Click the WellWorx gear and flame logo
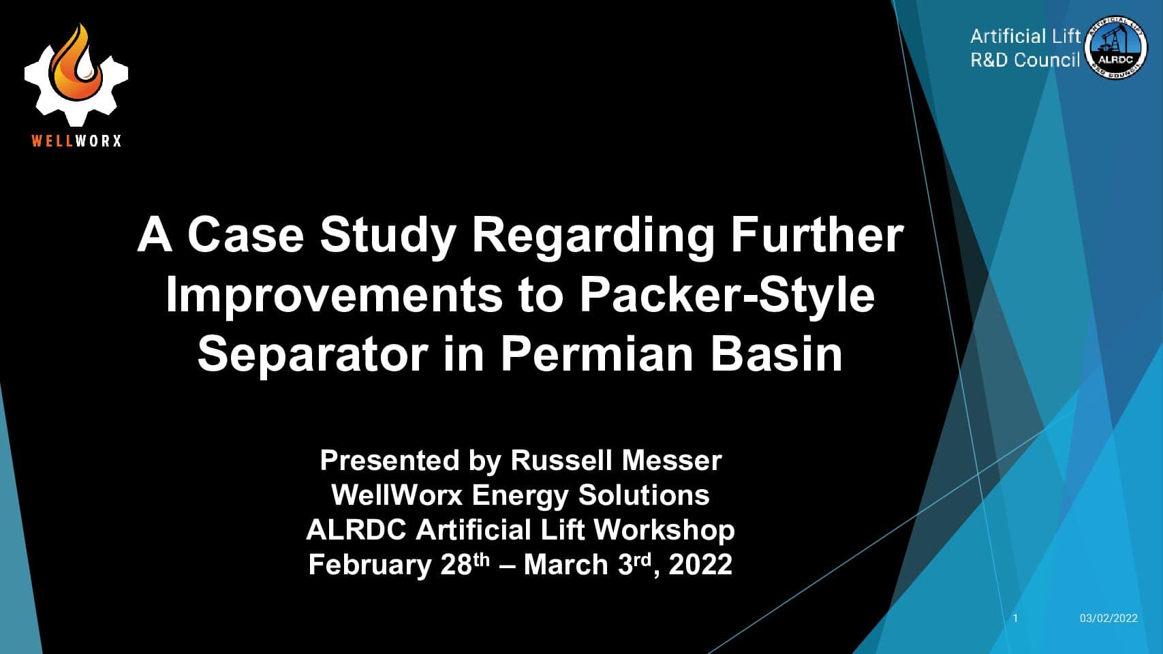76,75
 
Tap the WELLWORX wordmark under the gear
76,140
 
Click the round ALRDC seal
1116,48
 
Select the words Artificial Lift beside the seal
1025,36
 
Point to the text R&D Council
1025,60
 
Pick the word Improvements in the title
334,296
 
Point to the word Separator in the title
312,356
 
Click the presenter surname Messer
672,461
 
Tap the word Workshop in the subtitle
664,531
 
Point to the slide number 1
1016,618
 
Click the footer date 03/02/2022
1108,618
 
